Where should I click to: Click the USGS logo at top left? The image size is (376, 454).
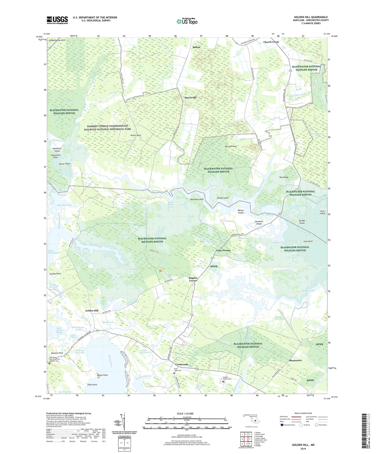point(57,20)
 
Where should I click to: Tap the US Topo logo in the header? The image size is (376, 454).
point(187,21)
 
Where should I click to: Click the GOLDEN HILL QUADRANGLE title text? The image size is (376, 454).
point(311,17)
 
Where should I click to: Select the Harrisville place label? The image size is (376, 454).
point(190,98)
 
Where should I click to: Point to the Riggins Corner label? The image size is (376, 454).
point(193,279)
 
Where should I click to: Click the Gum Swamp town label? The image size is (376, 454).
point(223,250)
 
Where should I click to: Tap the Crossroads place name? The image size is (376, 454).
point(181,364)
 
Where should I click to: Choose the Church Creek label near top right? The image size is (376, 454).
point(271,42)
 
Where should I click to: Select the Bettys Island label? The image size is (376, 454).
point(241,211)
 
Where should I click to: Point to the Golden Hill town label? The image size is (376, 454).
point(92,311)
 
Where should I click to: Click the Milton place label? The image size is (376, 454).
point(196,47)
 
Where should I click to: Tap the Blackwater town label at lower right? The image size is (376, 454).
point(296,360)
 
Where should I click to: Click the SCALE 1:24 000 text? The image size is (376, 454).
point(185,414)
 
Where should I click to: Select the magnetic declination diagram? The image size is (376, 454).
point(124,422)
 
